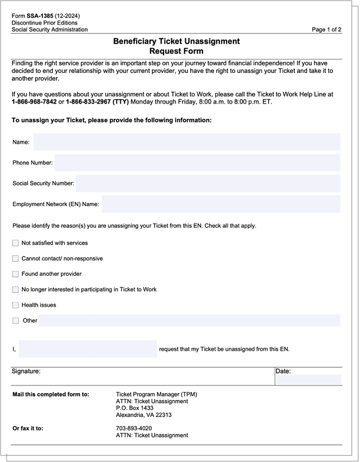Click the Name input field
click(x=186, y=142)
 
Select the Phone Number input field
click(x=197, y=163)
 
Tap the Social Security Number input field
click(x=208, y=184)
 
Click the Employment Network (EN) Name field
click(x=221, y=204)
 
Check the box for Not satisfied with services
click(x=15, y=243)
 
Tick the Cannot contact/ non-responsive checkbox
click(x=15, y=258)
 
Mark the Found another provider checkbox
click(x=15, y=274)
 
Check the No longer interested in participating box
click(x=15, y=290)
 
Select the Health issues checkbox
click(x=15, y=305)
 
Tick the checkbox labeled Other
click(x=15, y=321)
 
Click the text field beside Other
click(x=189, y=321)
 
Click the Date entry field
click(x=308, y=380)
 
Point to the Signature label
click(x=26, y=372)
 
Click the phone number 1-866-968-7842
click(x=34, y=102)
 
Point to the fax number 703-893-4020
click(x=134, y=428)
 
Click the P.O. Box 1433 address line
click(x=135, y=407)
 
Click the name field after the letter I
click(x=88, y=349)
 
